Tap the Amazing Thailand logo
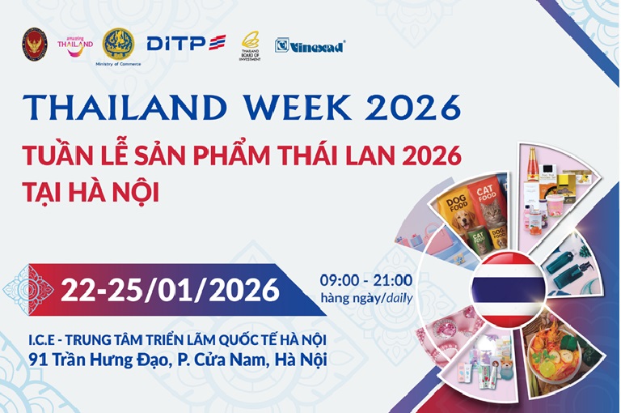75,45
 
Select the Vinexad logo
310,45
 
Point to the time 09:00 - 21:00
365,280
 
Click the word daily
397,297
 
